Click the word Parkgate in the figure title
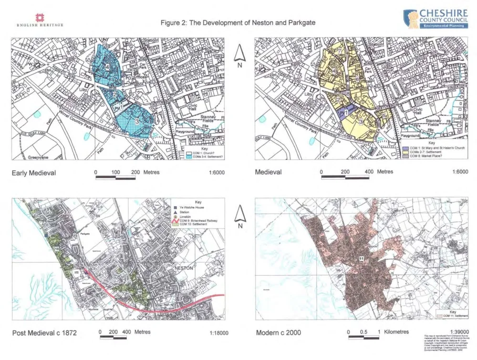[301, 23]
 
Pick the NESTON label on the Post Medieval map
[184, 268]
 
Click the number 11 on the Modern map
[363, 257]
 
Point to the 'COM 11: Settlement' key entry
[453, 316]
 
